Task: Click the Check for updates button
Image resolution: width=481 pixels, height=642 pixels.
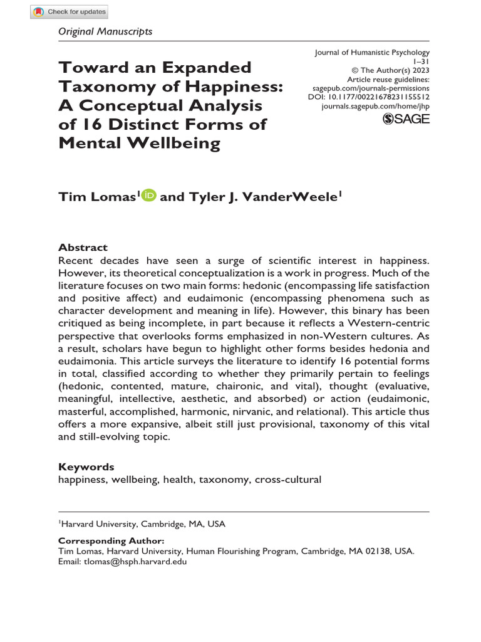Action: point(70,11)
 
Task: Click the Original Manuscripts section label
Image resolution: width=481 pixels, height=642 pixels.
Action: point(105,31)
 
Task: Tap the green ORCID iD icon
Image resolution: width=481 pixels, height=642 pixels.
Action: point(149,196)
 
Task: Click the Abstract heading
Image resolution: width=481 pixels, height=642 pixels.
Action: point(83,247)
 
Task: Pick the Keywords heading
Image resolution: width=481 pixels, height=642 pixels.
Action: point(86,466)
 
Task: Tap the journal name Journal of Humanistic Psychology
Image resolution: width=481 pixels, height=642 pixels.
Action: point(372,53)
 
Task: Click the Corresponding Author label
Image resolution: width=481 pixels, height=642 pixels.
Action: point(111,540)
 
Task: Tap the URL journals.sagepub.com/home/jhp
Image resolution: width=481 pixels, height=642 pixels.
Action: point(375,107)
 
